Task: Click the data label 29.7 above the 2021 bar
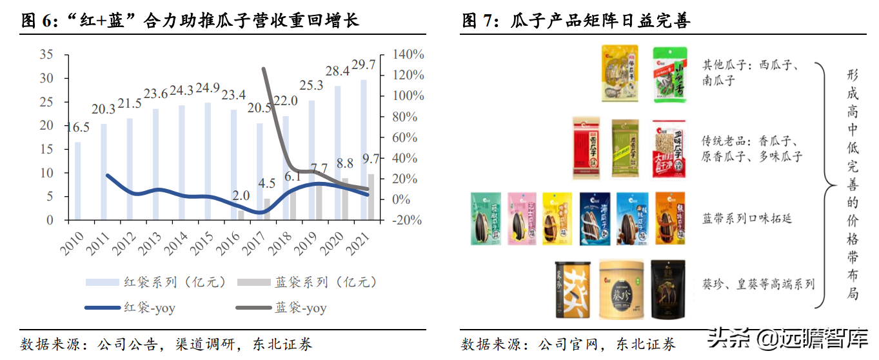click(x=363, y=65)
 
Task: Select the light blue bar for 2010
click(x=78, y=181)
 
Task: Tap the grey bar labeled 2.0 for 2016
click(x=241, y=215)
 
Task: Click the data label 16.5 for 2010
click(x=77, y=127)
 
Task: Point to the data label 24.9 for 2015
click(x=207, y=88)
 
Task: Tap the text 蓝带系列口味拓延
click(x=747, y=219)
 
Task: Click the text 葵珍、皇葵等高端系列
click(x=758, y=284)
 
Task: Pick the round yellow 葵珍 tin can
click(x=622, y=289)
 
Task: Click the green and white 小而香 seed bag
click(x=670, y=74)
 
